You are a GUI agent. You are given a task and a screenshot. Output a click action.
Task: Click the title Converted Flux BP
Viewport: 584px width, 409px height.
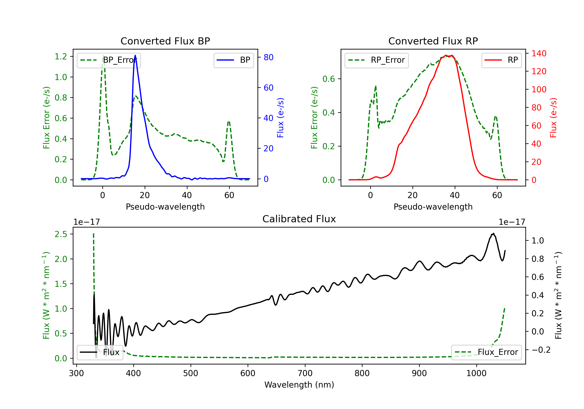pos(165,41)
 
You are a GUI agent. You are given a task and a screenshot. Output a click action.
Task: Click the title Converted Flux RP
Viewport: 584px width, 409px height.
pos(433,41)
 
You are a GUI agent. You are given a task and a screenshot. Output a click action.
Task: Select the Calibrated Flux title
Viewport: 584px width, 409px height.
pos(299,219)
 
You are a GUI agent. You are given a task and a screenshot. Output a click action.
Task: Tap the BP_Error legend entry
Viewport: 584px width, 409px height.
pos(109,60)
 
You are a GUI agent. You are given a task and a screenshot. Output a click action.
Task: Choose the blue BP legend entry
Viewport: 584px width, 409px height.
pos(233,60)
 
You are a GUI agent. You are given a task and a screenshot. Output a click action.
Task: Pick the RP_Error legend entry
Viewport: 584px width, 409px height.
pos(376,60)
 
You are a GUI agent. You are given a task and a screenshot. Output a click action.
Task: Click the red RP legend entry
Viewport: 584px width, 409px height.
pos(501,60)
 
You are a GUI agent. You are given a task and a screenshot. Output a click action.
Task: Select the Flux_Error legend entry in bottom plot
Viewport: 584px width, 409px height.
pos(486,352)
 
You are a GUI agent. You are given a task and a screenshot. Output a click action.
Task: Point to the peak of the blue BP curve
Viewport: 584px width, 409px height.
pos(135,55)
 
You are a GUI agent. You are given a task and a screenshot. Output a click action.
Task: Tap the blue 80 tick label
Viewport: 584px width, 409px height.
pos(269,57)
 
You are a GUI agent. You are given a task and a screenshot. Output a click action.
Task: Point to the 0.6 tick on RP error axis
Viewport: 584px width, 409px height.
pos(329,79)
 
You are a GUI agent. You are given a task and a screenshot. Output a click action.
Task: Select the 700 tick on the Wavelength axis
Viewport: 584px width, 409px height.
pos(305,373)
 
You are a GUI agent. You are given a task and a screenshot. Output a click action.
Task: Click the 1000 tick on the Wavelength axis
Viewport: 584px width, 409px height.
pos(476,373)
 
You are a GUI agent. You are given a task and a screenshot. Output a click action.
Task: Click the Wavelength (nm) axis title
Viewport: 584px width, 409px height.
pos(299,385)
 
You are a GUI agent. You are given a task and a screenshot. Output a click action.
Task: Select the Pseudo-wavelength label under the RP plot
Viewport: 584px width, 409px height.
pos(433,207)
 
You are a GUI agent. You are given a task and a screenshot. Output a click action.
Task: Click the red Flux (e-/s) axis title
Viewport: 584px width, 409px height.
pos(553,118)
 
